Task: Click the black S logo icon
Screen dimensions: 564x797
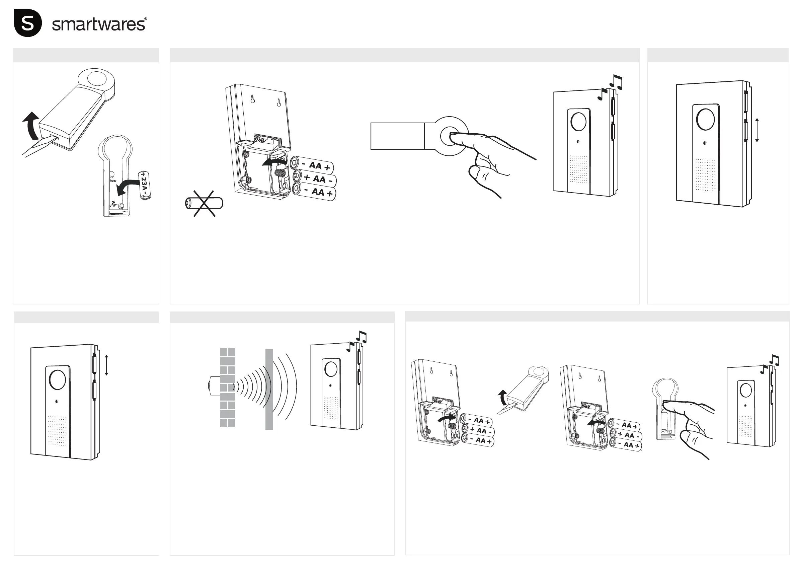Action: [x=28, y=23]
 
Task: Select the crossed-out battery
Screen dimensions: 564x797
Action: [x=204, y=204]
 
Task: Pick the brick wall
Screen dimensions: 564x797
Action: [x=227, y=387]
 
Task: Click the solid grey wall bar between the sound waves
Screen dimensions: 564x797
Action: [x=269, y=389]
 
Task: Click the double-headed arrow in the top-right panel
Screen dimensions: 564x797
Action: [x=757, y=130]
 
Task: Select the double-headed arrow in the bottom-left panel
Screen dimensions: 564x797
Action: [x=106, y=365]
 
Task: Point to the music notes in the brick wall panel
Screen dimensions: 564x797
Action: [x=357, y=340]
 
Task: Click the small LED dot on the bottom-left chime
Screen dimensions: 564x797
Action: [x=57, y=401]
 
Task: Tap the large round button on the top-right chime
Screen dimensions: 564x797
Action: [x=706, y=119]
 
